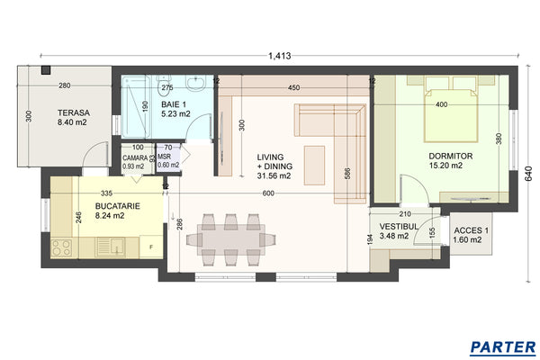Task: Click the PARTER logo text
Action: [503, 346]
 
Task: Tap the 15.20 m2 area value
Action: [445, 166]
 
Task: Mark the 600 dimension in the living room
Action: [268, 193]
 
